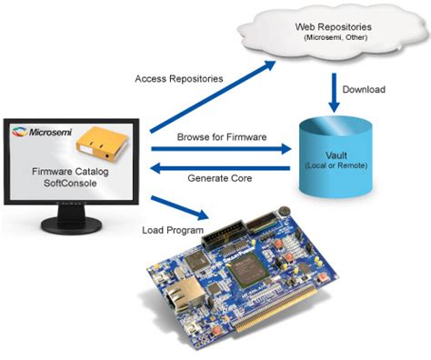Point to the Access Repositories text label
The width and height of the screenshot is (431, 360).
click(x=178, y=79)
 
